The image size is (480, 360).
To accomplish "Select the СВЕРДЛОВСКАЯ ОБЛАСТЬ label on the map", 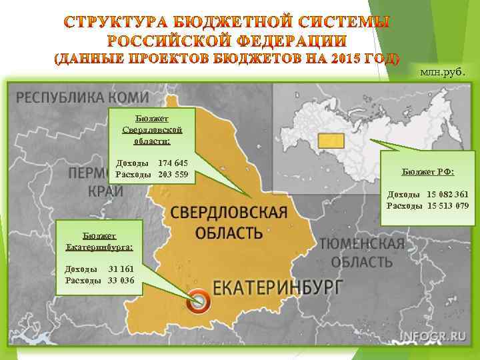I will pyautogui.click(x=229, y=222).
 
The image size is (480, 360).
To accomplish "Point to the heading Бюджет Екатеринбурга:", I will pyautogui.click(x=99, y=241).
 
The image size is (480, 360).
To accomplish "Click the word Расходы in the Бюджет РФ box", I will pyautogui.click(x=405, y=205).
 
